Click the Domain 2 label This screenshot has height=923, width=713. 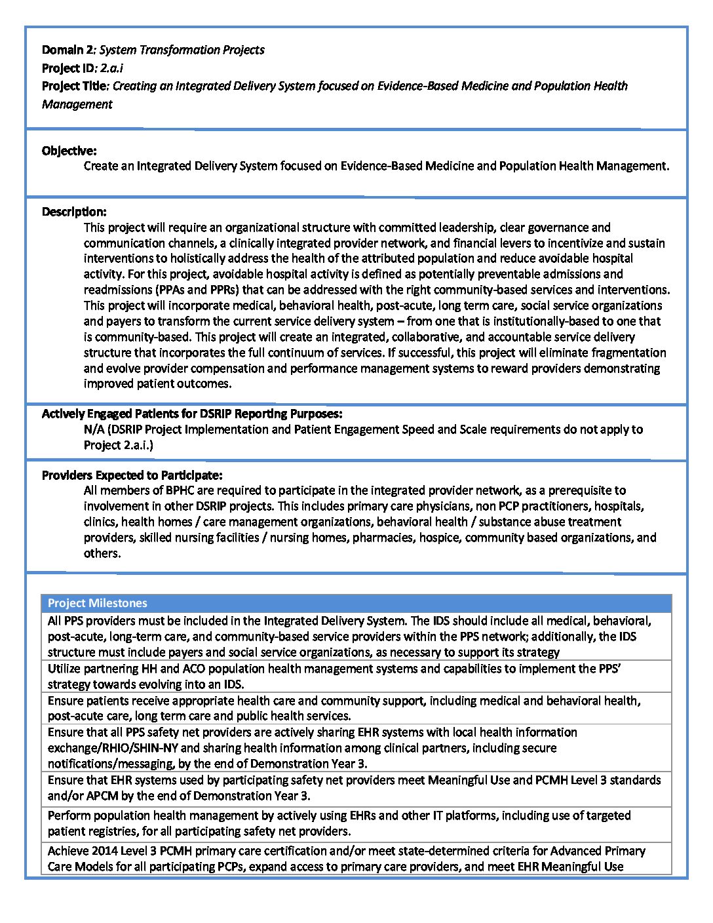68,50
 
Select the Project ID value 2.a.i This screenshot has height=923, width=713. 111,68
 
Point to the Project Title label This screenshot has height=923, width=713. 74,86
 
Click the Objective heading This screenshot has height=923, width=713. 69,151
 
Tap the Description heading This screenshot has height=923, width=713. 74,212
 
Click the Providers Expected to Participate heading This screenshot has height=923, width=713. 132,475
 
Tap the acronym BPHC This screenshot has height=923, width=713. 180,490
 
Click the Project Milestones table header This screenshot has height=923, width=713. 98,603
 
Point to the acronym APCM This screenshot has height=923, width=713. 90,796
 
